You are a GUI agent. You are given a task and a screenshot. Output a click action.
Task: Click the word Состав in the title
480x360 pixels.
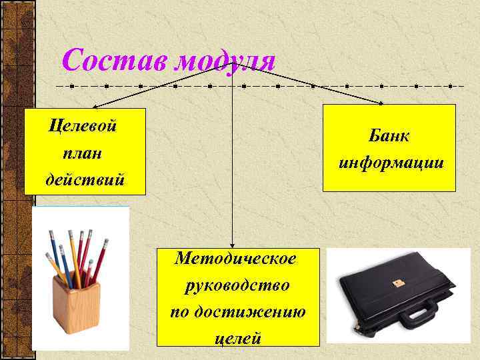(114, 61)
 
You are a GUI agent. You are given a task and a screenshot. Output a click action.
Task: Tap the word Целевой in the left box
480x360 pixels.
(83, 125)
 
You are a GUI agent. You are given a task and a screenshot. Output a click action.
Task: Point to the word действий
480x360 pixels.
(84, 180)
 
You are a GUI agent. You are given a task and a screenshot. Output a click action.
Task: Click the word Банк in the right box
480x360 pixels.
(390, 135)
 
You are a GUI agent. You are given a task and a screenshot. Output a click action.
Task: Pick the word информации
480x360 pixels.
(391, 163)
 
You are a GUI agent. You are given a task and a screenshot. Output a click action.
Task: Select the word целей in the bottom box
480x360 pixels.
(237, 338)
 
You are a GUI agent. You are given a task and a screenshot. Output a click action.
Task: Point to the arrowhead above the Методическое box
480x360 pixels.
(232, 245)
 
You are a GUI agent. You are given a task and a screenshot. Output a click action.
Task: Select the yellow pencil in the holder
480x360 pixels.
(74, 260)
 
